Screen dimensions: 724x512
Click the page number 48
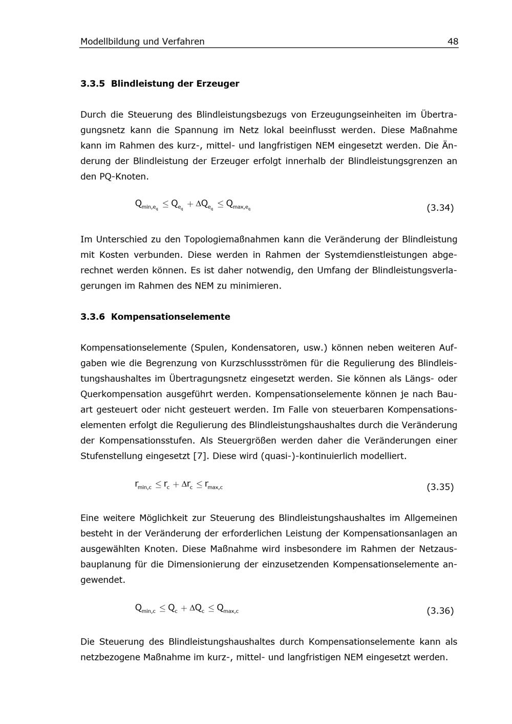453,41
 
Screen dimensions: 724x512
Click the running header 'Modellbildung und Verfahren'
142,41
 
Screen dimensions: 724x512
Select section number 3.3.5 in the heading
93,83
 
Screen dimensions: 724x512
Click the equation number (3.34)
440,208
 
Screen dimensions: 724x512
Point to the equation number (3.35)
440,487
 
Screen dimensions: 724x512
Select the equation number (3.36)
440,610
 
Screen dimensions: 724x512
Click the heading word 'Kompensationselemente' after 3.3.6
170,317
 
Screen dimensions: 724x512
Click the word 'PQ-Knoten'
123,177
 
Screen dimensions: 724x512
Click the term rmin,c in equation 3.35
143,485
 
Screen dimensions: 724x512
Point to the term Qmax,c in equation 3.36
227,608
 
